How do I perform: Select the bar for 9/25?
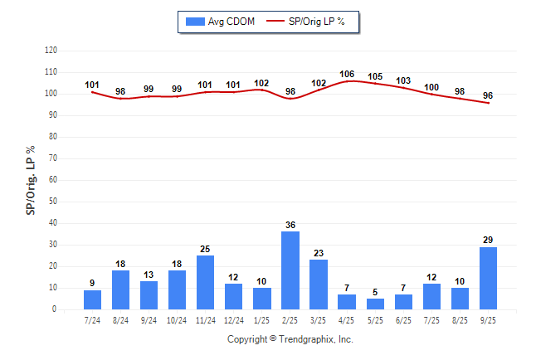[x=489, y=279]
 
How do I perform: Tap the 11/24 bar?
[x=206, y=282]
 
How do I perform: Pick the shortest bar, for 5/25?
[x=375, y=304]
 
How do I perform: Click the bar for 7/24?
[x=92, y=299]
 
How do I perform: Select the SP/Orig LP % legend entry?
[x=314, y=21]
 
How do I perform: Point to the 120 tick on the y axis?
[x=51, y=51]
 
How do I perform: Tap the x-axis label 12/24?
[x=233, y=320]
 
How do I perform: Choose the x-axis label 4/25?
[x=347, y=320]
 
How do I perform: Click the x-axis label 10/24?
[x=177, y=320]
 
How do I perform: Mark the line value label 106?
[x=347, y=74]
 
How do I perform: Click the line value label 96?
[x=489, y=95]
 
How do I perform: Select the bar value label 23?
[x=319, y=252]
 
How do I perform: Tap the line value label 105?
[x=375, y=76]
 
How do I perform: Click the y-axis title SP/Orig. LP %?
[x=31, y=180]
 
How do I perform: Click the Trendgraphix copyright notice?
[x=290, y=339]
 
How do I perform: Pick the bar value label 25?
[x=206, y=248]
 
